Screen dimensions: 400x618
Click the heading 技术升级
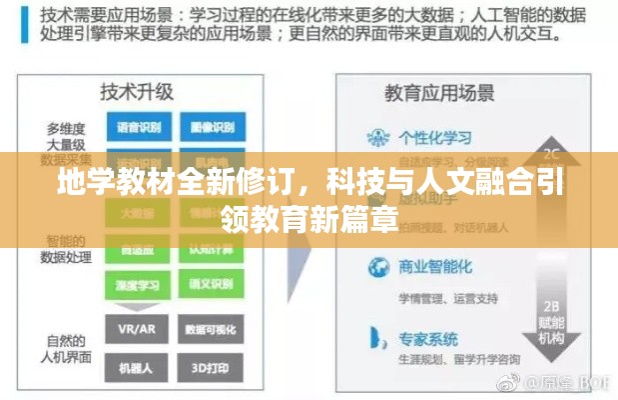point(137,92)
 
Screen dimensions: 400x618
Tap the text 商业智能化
point(435,267)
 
